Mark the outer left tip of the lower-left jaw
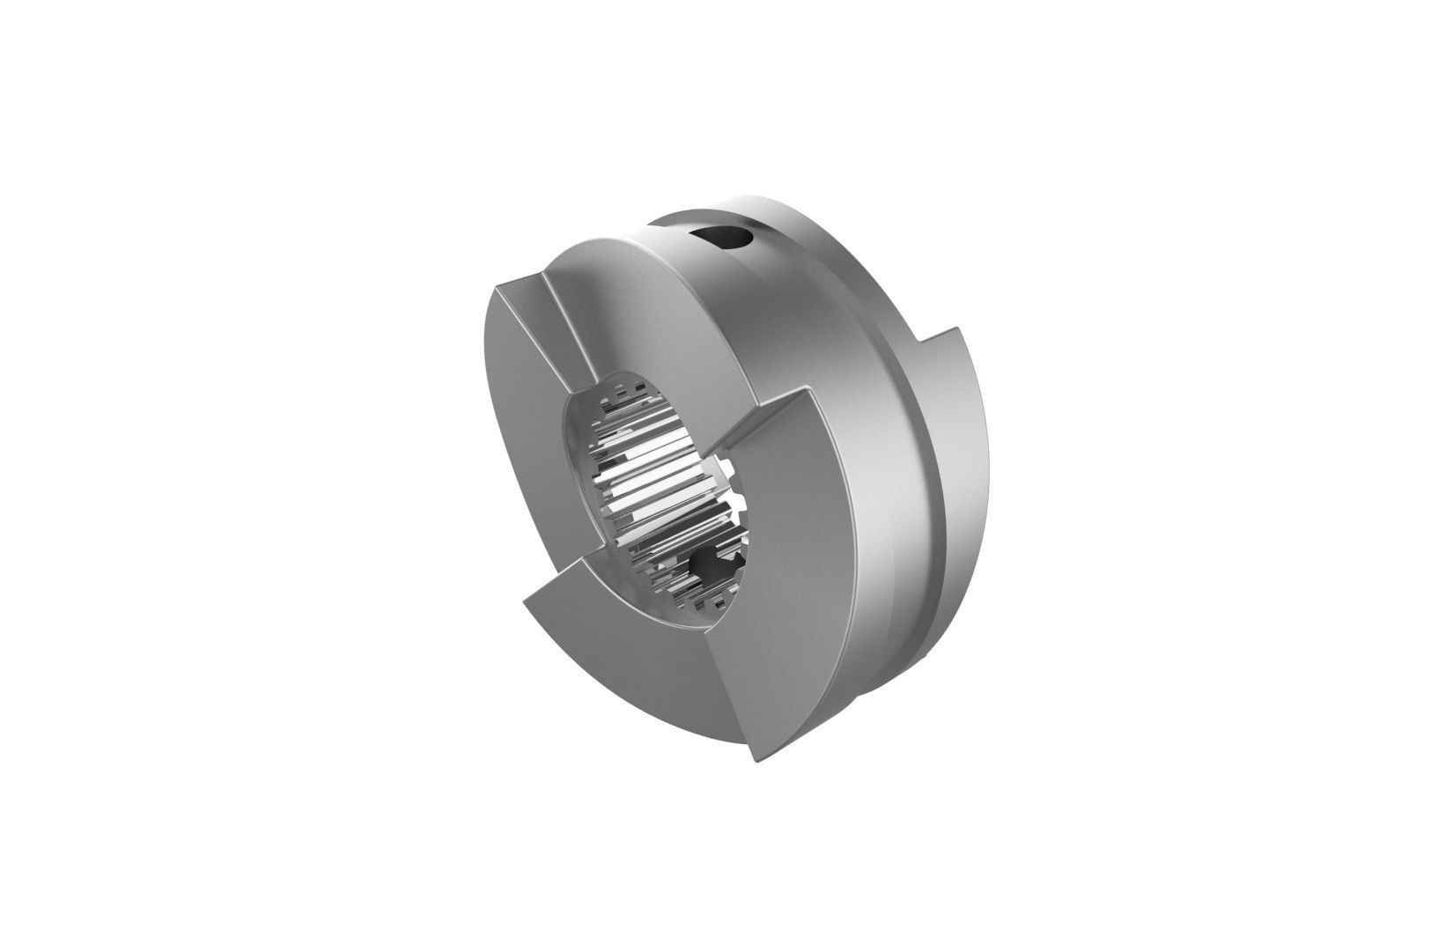pyautogui.click(x=525, y=602)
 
